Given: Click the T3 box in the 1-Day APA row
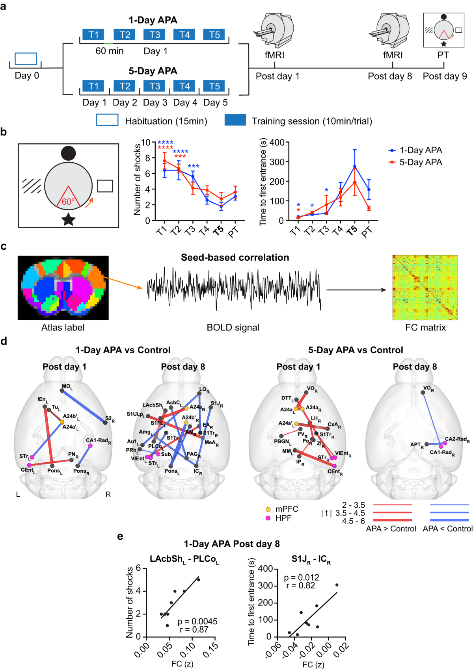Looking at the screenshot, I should pyautogui.click(x=155, y=35).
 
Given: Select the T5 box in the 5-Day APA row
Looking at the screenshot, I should pyautogui.click(x=214, y=86).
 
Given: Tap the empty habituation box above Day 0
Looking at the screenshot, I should pyautogui.click(x=26, y=59).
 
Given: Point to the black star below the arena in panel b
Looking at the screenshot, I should pyautogui.click(x=69, y=219).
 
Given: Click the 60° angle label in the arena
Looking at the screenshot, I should pyautogui.click(x=68, y=202).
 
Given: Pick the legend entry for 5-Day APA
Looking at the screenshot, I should pyautogui.click(x=420, y=162).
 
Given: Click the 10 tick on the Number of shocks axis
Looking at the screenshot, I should pyautogui.click(x=146, y=142).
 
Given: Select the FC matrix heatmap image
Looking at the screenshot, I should pyautogui.click(x=425, y=287).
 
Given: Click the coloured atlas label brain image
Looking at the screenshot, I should pyautogui.click(x=63, y=288).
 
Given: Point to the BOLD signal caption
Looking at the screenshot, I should pyautogui.click(x=233, y=327).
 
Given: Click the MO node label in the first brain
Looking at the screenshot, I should pyautogui.click(x=67, y=386).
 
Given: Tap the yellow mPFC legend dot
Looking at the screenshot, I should pyautogui.click(x=268, y=509).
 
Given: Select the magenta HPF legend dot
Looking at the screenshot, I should pyautogui.click(x=268, y=518).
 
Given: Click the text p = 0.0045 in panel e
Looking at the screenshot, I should pyautogui.click(x=197, y=621).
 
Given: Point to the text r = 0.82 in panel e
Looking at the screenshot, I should pyautogui.click(x=301, y=586).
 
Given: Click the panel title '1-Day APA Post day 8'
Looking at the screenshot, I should pyautogui.click(x=232, y=544).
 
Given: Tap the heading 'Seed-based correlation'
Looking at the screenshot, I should pyautogui.click(x=235, y=258).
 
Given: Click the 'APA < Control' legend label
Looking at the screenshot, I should pyautogui.click(x=447, y=529).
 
